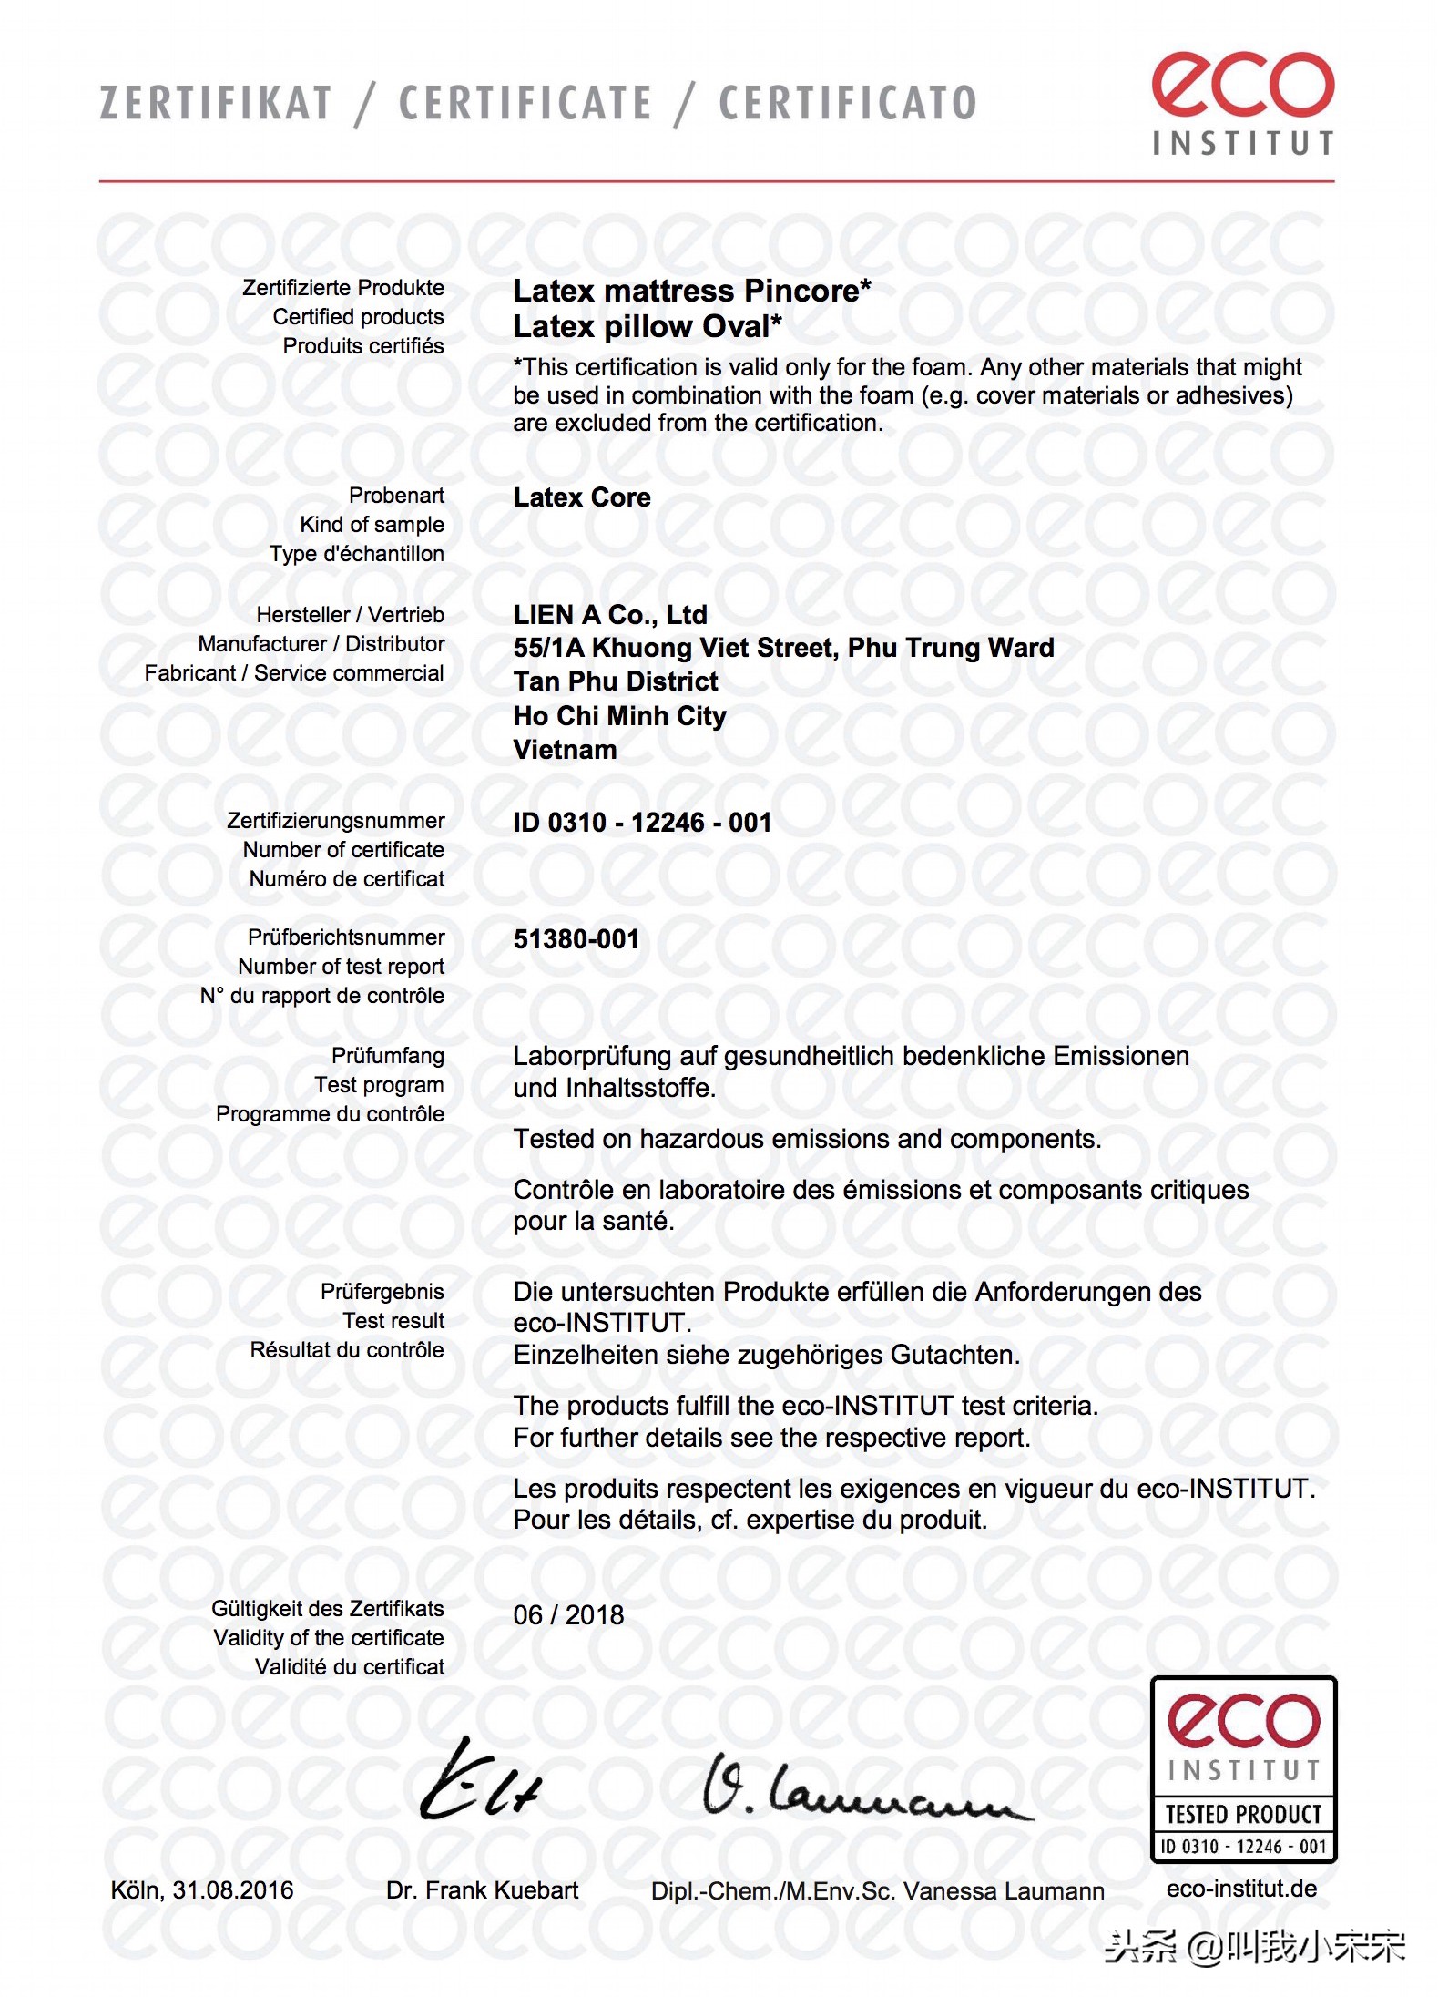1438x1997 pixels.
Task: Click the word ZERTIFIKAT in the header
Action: (216, 103)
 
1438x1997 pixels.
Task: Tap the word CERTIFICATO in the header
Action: (847, 103)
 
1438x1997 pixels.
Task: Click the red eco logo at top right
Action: (1242, 86)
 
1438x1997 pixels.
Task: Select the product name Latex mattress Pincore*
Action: (691, 291)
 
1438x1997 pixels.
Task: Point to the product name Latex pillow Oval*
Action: (647, 326)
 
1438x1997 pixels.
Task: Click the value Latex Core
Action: (582, 497)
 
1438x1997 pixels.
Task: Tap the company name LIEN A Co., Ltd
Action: (610, 615)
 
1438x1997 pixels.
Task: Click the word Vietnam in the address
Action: (565, 750)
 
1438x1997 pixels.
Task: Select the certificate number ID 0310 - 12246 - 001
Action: (642, 823)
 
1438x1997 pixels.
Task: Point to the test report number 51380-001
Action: (576, 939)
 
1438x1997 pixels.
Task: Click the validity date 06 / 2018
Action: (568, 1615)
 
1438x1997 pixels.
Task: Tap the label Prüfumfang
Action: (387, 1056)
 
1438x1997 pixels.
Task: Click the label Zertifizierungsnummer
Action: (335, 821)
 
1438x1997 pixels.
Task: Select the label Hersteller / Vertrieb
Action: (350, 615)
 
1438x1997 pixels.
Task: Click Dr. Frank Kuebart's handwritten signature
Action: (480, 1782)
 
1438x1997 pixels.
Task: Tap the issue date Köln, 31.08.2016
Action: (202, 1890)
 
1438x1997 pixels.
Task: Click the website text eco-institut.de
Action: (1241, 1889)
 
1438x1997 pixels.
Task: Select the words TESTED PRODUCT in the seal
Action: (1243, 1815)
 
